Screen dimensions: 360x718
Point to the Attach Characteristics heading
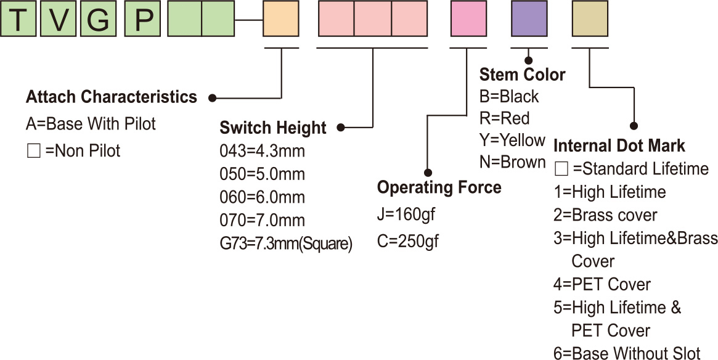pos(112,97)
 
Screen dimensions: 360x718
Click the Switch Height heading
pos(273,128)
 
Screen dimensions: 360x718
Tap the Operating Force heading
pos(439,187)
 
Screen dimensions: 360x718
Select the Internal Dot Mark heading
pos(619,146)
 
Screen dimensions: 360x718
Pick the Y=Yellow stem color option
pos(512,140)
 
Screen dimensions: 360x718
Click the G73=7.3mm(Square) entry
pos(286,244)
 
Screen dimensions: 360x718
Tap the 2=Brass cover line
pos(605,215)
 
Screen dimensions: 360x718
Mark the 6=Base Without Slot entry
pos(627,353)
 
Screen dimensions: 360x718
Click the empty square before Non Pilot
pos(33,151)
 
